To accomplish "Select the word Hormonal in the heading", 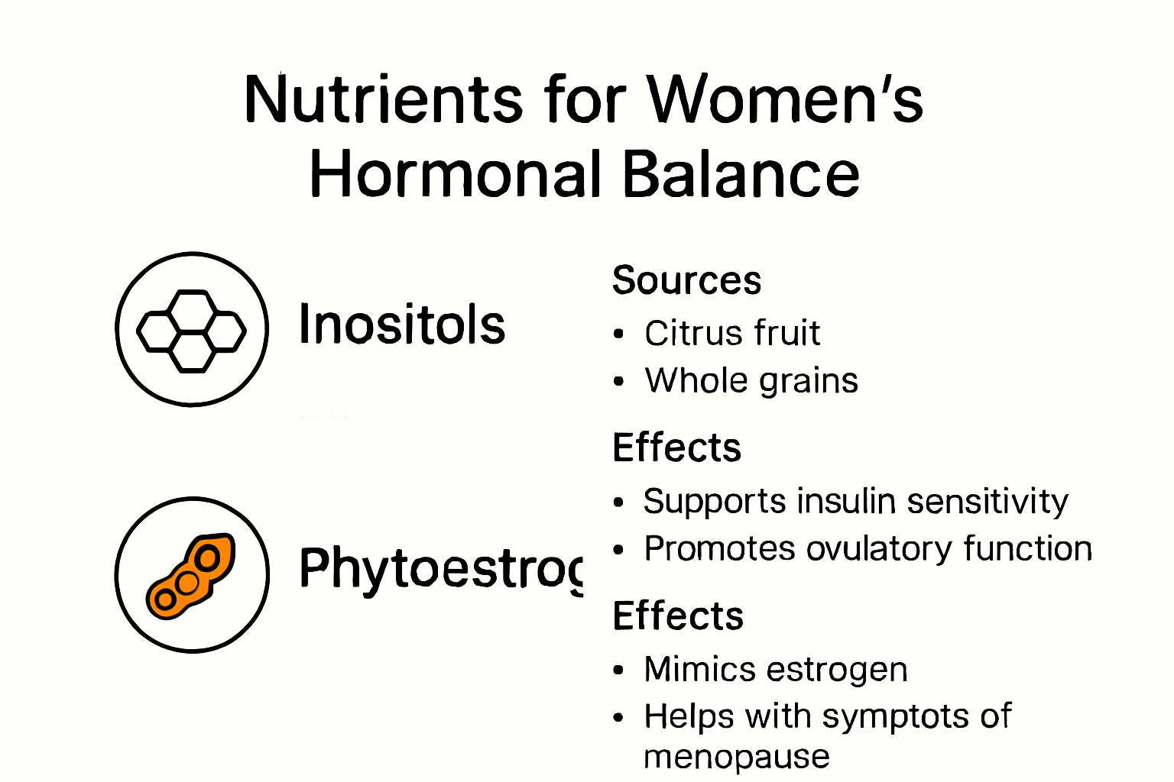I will [456, 174].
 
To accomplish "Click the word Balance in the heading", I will [741, 174].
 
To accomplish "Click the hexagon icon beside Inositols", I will [192, 330].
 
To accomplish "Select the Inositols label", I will [402, 325].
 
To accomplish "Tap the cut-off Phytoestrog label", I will [440, 570].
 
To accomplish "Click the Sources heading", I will [686, 280].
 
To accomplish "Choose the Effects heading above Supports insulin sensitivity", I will [676, 448].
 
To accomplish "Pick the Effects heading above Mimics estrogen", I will [678, 616].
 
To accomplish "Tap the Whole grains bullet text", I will [751, 380].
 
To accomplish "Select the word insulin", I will [846, 502].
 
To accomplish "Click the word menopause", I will [736, 757].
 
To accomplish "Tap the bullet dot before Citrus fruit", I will [619, 334].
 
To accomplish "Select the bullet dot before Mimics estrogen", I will [619, 671].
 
